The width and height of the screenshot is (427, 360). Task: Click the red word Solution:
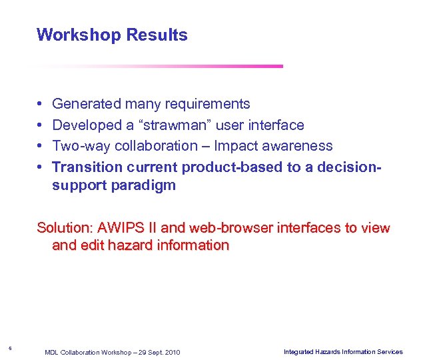tap(65, 228)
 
